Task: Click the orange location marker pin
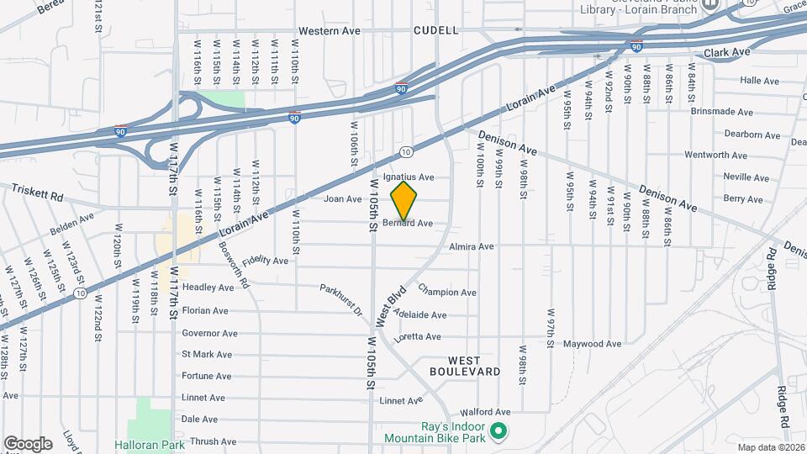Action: [404, 200]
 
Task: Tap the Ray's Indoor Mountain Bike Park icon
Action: [498, 432]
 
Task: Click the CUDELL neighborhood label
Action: [436, 30]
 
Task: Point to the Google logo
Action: [28, 444]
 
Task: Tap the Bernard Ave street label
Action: [408, 224]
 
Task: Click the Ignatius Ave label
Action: [409, 177]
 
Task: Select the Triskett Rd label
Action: [37, 193]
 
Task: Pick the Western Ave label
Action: [329, 31]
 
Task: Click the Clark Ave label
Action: [727, 52]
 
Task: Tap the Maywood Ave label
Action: [592, 344]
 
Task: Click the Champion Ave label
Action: [446, 293]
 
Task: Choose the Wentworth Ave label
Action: [715, 156]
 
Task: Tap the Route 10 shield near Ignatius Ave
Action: [406, 151]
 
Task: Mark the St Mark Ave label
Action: [207, 354]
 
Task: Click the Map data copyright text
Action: [770, 447]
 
